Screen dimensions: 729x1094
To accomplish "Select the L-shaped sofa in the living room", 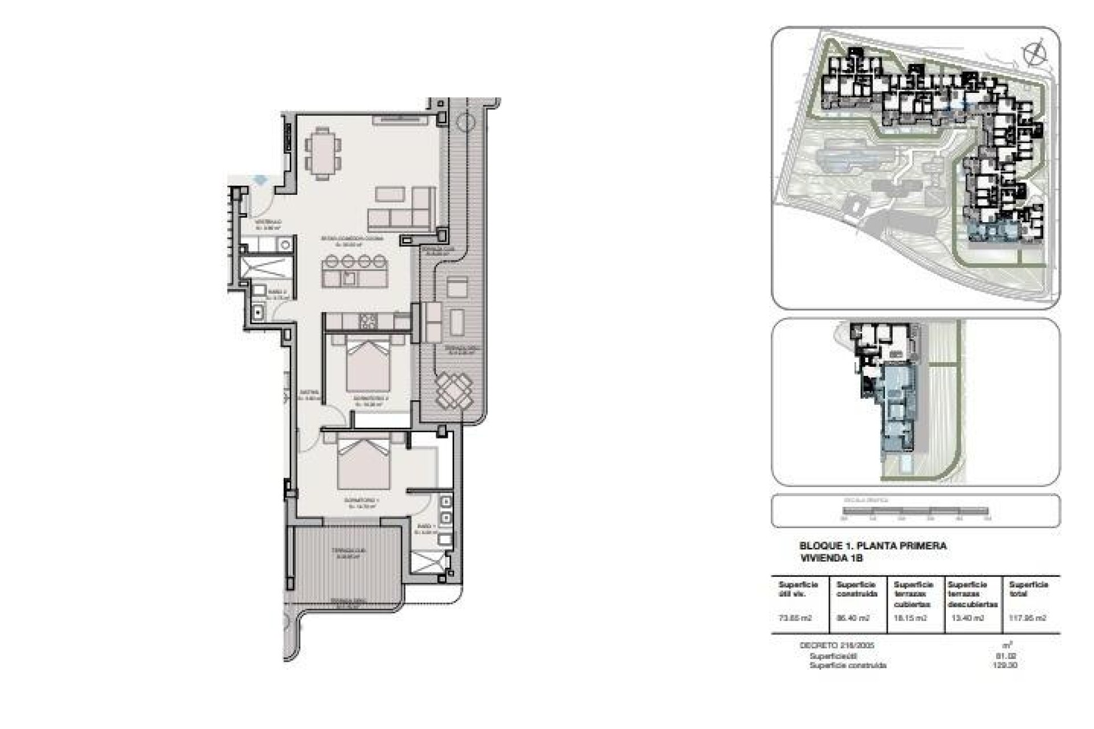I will pyautogui.click(x=402, y=209).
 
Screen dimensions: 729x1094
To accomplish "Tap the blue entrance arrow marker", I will pyautogui.click(x=261, y=179).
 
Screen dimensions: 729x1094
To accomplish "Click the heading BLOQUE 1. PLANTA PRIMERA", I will pyautogui.click(x=873, y=546).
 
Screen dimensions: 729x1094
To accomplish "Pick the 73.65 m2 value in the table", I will pyautogui.click(x=794, y=618).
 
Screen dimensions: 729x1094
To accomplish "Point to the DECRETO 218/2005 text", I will pyautogui.click(x=836, y=646).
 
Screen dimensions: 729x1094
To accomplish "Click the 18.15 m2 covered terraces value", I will pyautogui.click(x=910, y=618).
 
